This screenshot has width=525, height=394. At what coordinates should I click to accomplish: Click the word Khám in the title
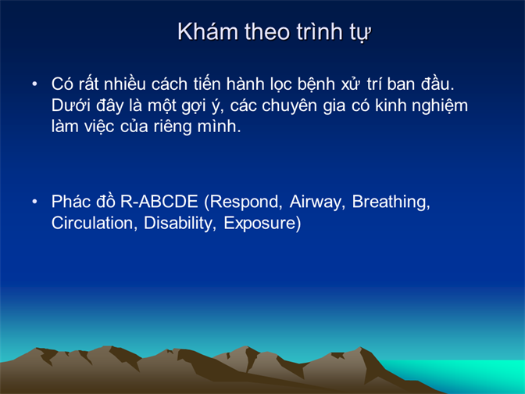[208, 32]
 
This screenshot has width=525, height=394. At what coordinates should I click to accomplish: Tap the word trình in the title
[320, 32]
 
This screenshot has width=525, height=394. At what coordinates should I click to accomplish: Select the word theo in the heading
[267, 32]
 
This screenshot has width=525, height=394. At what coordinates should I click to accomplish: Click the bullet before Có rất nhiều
[34, 84]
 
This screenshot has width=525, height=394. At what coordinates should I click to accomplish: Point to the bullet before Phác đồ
[34, 202]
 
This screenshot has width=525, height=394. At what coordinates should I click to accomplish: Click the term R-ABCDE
[159, 202]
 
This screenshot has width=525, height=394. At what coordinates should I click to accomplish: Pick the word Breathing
[391, 202]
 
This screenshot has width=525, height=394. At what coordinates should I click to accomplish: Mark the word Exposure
[262, 224]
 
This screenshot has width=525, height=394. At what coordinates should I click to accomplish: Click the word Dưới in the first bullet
[71, 106]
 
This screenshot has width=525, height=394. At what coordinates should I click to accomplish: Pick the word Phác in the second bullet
[70, 202]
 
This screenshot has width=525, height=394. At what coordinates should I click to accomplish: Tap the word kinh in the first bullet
[390, 106]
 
